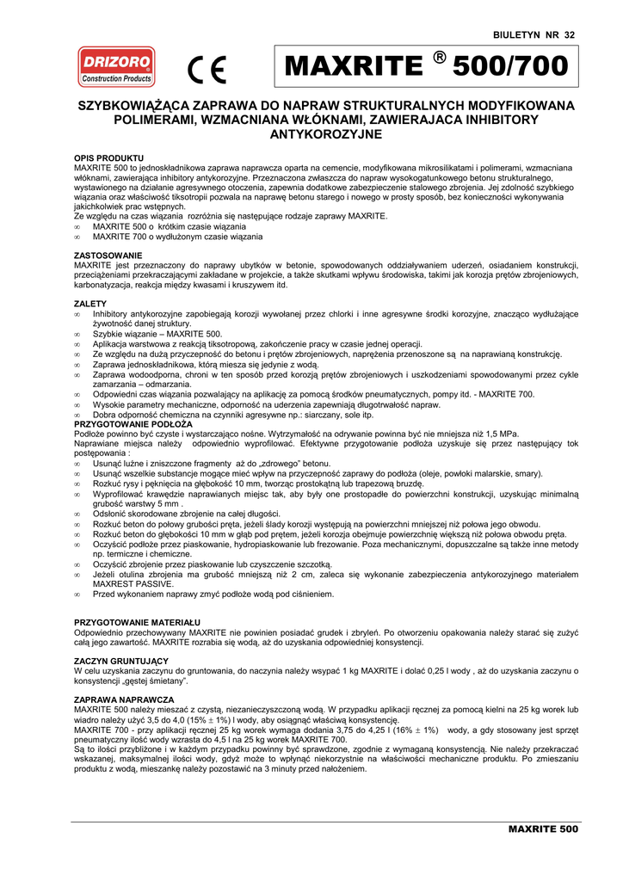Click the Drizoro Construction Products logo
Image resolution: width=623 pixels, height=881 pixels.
point(116,67)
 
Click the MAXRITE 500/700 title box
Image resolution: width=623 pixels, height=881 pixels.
point(426,67)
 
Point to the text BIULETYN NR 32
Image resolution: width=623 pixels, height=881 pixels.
point(534,34)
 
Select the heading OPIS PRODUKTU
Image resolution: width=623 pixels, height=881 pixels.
point(109,158)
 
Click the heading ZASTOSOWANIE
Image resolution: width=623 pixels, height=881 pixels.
point(108,256)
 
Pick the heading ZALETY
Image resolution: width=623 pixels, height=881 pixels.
point(91,304)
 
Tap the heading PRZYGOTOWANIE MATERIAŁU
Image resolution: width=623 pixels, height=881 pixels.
point(138,620)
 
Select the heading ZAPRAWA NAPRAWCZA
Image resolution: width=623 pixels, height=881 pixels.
point(125,699)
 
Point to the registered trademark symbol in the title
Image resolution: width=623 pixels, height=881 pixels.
point(440,57)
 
